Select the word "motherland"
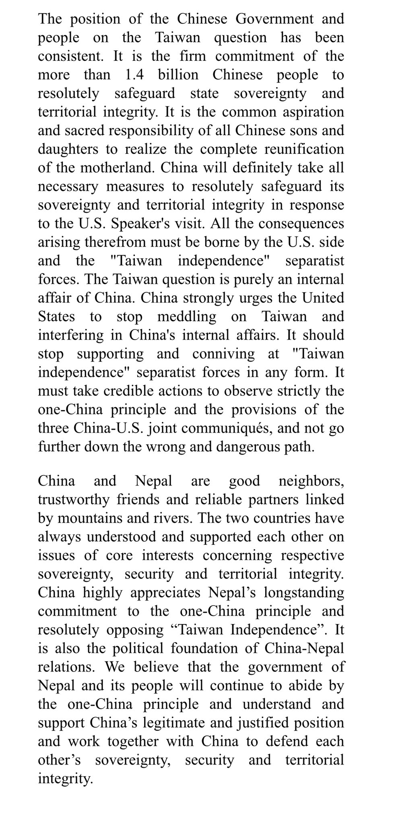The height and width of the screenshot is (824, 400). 117,168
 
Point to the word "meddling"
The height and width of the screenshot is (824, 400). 186,317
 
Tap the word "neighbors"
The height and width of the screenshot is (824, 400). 311,481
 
